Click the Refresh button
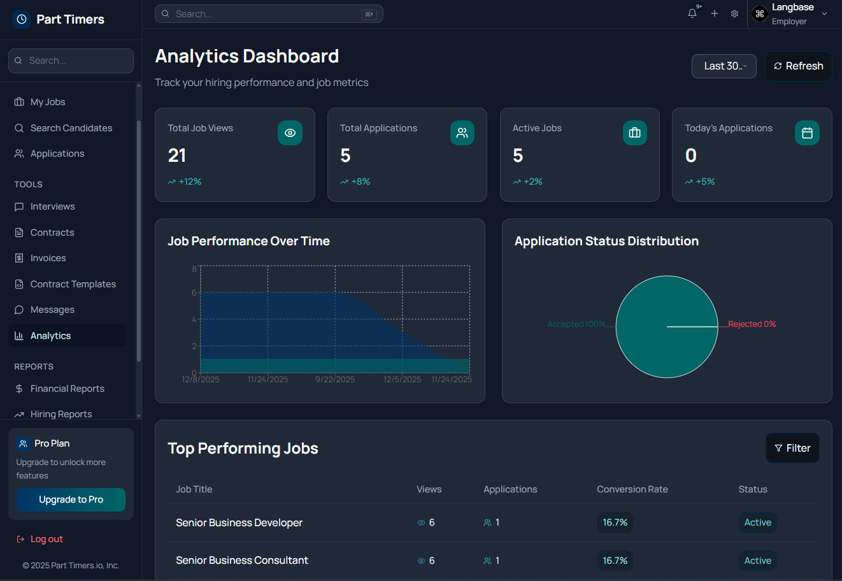799,66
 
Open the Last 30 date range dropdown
724,66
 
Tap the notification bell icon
692,13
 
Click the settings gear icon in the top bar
734,13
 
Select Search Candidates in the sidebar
71,128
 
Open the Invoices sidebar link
48,258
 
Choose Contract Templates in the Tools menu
73,284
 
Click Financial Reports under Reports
67,389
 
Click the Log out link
46,539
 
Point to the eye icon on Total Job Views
290,133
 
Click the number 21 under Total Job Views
177,155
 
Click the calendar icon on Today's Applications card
807,133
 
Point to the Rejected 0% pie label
752,324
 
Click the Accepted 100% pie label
576,324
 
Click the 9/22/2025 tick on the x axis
335,380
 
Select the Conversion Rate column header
632,489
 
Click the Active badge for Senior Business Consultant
757,561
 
